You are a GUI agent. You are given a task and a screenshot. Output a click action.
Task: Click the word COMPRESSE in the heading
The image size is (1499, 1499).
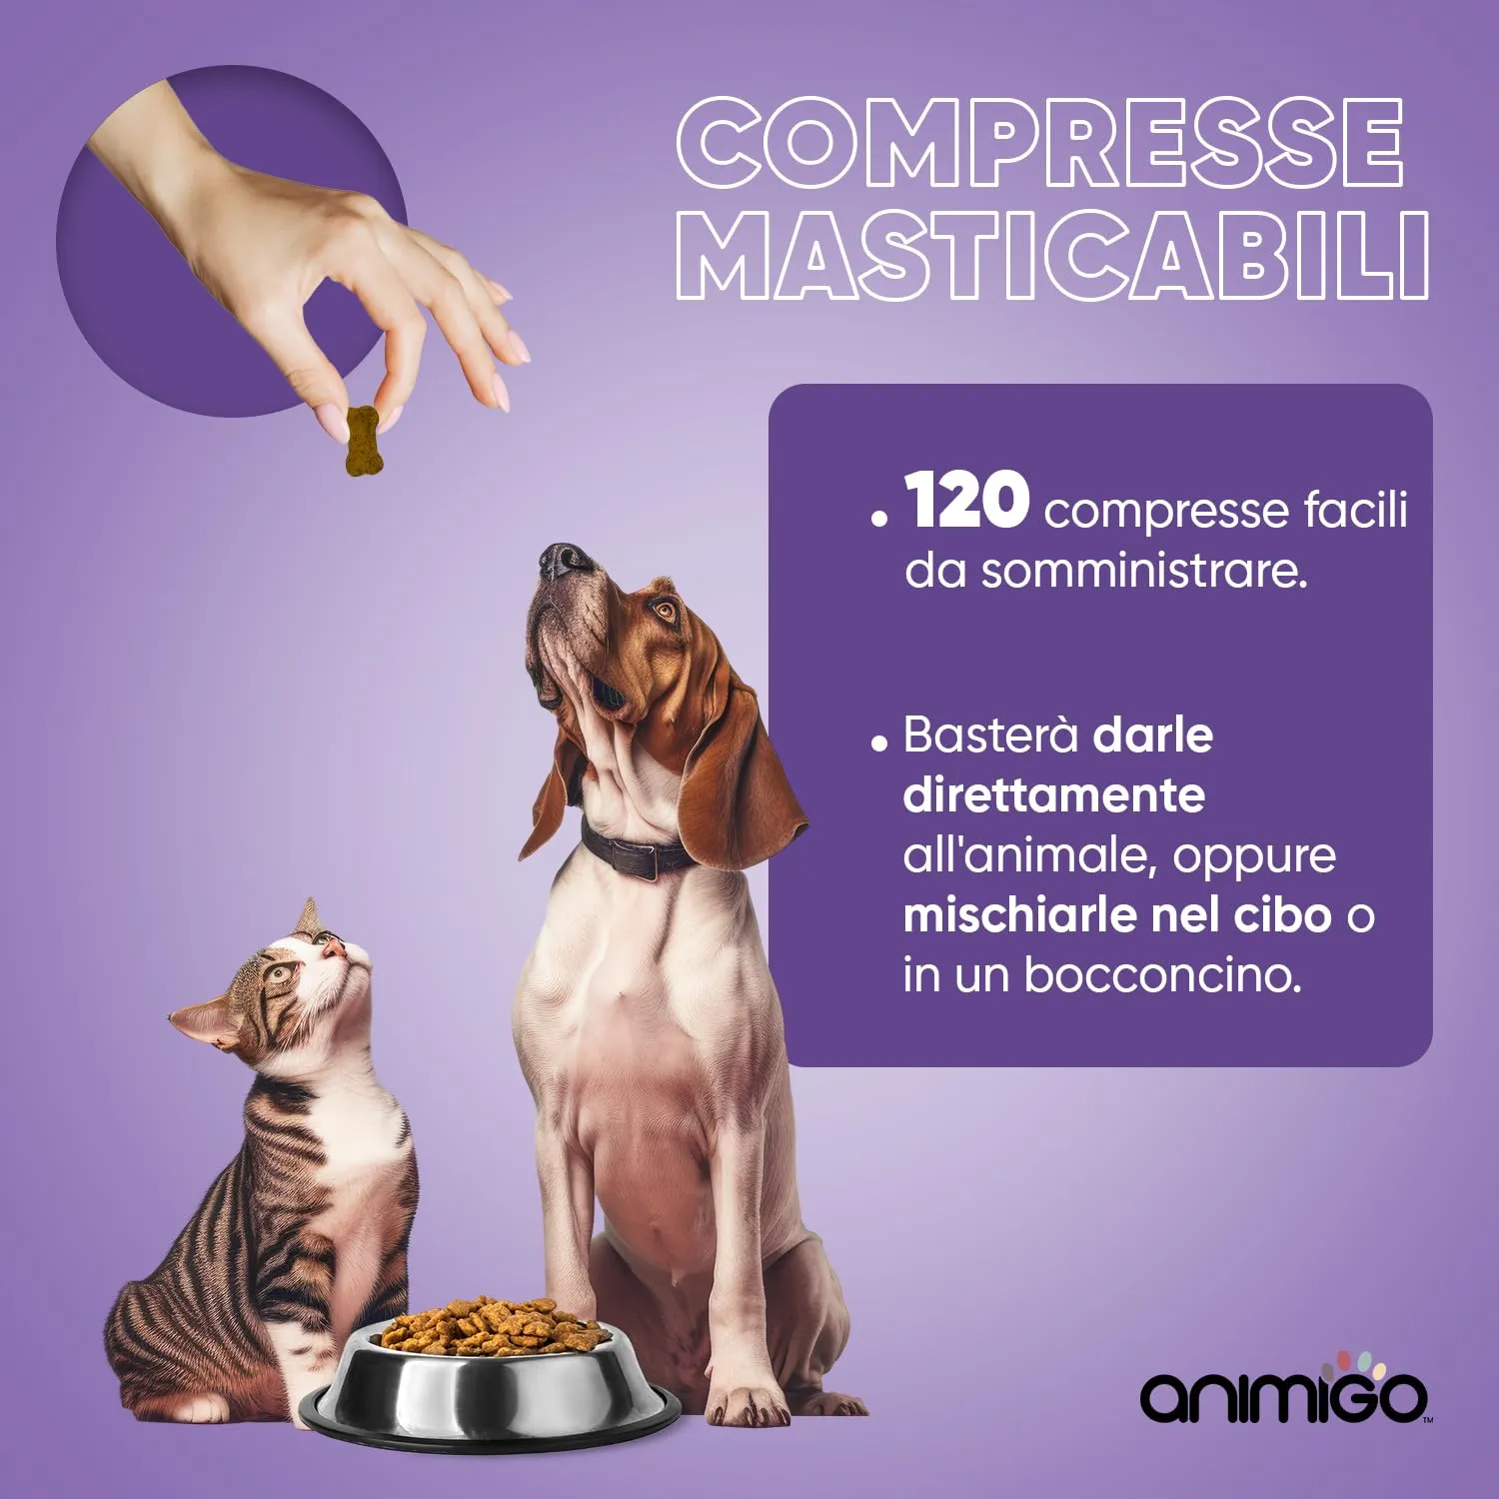click(1039, 142)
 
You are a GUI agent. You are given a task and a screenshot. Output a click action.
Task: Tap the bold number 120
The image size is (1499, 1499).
click(966, 501)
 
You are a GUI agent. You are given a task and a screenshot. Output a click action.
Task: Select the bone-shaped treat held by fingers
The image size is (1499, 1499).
click(362, 441)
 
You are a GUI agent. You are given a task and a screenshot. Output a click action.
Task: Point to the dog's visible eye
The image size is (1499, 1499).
click(663, 608)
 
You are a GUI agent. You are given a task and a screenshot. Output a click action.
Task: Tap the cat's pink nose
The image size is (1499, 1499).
click(335, 946)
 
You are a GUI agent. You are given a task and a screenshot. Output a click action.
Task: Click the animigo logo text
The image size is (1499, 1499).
click(1283, 1397)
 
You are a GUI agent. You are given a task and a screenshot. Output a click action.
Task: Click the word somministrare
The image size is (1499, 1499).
click(1143, 573)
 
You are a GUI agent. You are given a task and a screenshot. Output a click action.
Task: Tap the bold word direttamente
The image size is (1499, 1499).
click(1053, 795)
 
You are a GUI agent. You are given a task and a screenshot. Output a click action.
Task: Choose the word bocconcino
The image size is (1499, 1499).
click(1162, 975)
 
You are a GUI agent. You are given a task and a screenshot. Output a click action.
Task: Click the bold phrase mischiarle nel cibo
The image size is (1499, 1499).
click(1117, 915)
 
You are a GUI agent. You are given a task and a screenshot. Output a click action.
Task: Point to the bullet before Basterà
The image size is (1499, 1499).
click(878, 743)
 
